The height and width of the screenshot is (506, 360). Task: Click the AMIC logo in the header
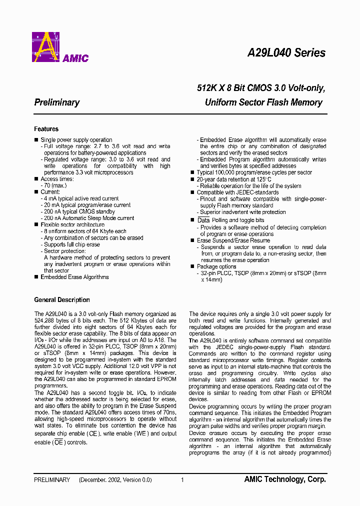(x=60, y=47)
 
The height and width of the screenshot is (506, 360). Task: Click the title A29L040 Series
(x=286, y=53)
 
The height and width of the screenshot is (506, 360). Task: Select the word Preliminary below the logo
(x=57, y=102)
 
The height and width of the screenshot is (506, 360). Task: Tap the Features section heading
(x=46, y=129)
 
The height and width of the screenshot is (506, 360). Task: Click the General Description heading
(x=62, y=300)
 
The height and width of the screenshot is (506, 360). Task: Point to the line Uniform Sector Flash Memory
(x=263, y=102)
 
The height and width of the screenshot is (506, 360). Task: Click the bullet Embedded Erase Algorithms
(x=74, y=277)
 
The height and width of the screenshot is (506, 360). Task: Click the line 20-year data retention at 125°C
(x=234, y=179)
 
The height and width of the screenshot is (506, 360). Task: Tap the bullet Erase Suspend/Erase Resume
(x=233, y=240)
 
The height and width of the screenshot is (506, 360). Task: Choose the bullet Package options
(x=216, y=267)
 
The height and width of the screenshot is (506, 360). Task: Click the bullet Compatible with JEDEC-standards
(x=237, y=192)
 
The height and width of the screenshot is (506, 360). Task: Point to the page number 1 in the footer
(x=182, y=480)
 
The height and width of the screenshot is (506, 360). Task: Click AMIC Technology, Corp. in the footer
(x=285, y=479)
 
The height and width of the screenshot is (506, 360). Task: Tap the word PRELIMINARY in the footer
(x=52, y=480)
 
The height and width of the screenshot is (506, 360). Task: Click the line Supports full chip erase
(x=72, y=244)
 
